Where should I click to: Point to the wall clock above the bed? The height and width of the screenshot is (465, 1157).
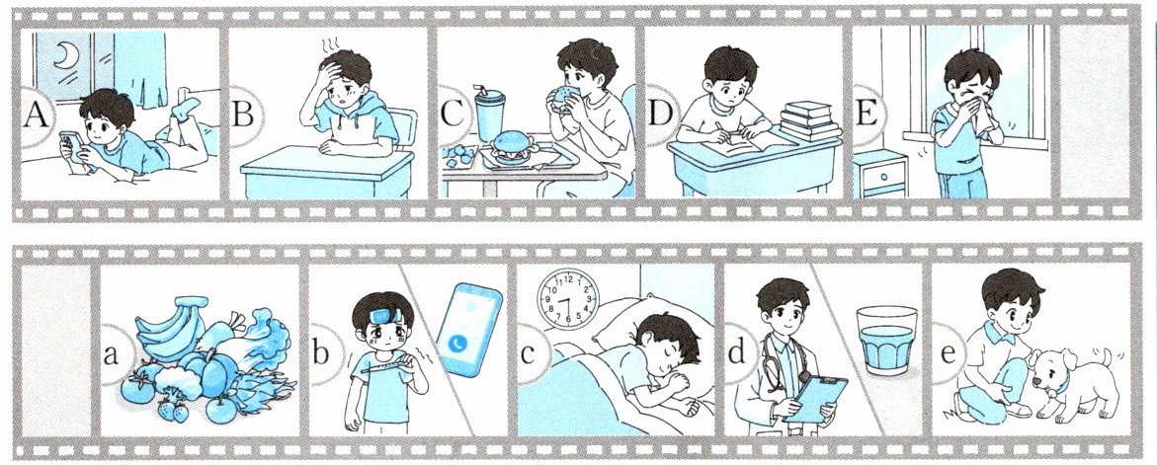pos(568,297)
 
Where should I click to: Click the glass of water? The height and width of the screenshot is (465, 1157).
pos(887,340)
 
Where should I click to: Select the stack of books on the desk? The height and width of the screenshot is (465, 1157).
pos(810,119)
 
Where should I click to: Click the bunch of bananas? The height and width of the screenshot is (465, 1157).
pos(168,324)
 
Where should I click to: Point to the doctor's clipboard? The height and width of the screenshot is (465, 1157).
pos(814,398)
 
